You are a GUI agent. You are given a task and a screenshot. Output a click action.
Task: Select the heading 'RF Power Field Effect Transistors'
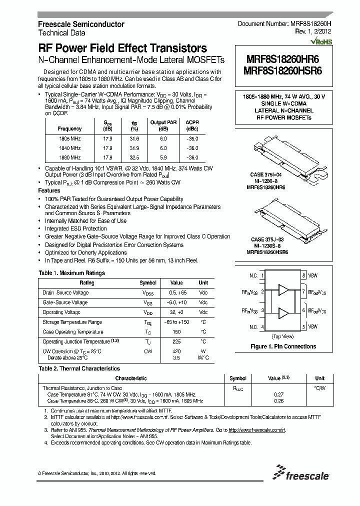pyautogui.click(x=122, y=48)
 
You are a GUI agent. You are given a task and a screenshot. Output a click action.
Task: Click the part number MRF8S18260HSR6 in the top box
pyautogui.click(x=283, y=71)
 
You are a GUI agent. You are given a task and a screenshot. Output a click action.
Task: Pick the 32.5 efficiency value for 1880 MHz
pyautogui.click(x=134, y=157)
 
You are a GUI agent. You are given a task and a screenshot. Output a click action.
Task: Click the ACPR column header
pyautogui.click(x=192, y=122)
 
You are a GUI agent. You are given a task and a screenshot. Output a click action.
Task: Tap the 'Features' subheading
pyautogui.click(x=49, y=191)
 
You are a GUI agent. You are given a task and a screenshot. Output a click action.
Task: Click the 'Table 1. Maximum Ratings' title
pyautogui.click(x=71, y=273)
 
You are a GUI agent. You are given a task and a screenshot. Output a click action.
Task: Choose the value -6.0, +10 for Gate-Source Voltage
pyautogui.click(x=176, y=302)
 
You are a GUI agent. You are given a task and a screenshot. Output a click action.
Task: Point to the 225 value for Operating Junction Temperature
pyautogui.click(x=176, y=341)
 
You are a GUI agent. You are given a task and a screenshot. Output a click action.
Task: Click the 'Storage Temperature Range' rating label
pyautogui.click(x=72, y=322)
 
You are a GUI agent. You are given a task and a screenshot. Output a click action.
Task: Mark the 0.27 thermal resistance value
pyautogui.click(x=278, y=394)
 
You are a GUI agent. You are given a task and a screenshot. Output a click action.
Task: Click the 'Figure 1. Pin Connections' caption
pyautogui.click(x=283, y=346)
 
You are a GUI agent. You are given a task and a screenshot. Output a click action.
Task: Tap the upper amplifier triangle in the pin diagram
pyautogui.click(x=283, y=290)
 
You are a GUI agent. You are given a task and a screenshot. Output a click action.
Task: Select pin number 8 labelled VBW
pyautogui.click(x=303, y=275)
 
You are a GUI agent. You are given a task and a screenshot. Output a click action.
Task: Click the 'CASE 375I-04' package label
pyautogui.click(x=266, y=174)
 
